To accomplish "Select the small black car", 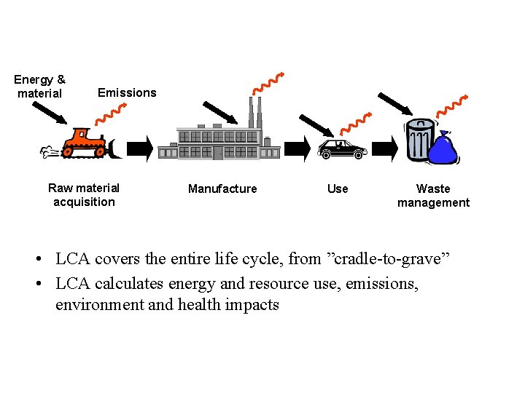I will pyautogui.click(x=342, y=149).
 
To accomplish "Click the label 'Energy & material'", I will pyautogui.click(x=39, y=87).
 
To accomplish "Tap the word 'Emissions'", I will pyautogui.click(x=127, y=92).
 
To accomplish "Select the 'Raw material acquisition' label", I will pyautogui.click(x=84, y=195).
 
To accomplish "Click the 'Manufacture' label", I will pyautogui.click(x=222, y=188).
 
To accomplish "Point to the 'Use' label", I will pyautogui.click(x=338, y=188).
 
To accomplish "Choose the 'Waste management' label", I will pyautogui.click(x=433, y=196).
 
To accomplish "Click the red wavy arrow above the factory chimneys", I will pyautogui.click(x=267, y=83).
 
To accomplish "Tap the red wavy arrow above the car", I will pyautogui.click(x=357, y=122).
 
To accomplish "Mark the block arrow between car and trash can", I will pyautogui.click(x=386, y=149).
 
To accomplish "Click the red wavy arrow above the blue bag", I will pyautogui.click(x=451, y=106).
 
